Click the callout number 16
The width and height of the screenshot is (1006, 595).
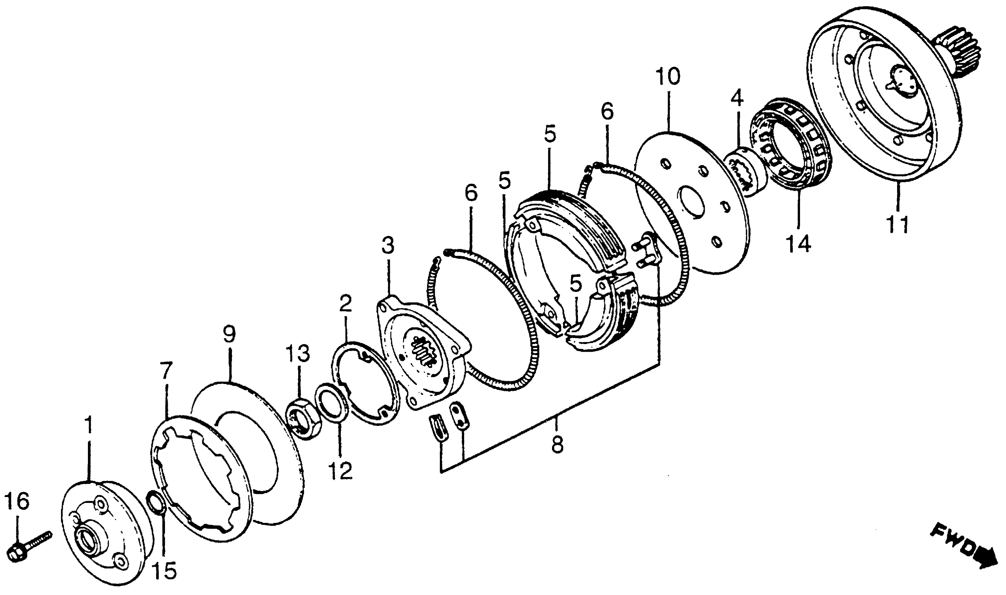[x=17, y=502]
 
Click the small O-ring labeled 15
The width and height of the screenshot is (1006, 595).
[x=157, y=501]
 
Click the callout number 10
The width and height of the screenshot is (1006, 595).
[x=668, y=77]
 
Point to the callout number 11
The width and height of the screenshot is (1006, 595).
[x=898, y=225]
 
